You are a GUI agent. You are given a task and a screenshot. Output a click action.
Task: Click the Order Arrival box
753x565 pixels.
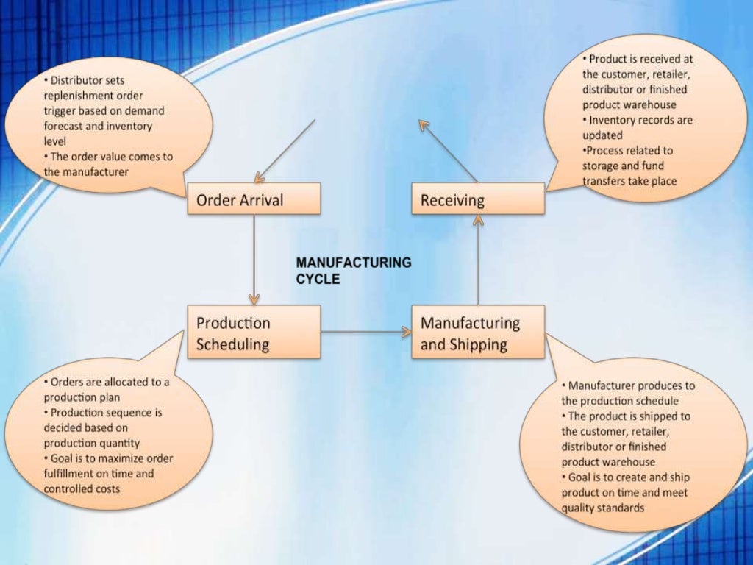coord(254,199)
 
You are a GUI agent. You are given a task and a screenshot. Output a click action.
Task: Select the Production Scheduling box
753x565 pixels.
coord(254,333)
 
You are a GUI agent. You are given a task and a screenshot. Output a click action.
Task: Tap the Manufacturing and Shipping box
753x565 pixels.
coord(478,333)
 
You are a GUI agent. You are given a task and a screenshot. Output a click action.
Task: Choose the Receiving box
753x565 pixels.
coord(478,199)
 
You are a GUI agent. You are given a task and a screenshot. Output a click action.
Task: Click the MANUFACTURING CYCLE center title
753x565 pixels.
coord(353,271)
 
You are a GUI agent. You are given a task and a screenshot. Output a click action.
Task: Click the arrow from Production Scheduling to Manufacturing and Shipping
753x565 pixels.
coord(365,333)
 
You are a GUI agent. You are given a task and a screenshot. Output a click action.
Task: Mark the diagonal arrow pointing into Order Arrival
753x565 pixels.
coord(285,151)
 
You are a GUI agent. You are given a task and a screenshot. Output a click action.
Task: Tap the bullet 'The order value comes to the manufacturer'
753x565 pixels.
coord(107,164)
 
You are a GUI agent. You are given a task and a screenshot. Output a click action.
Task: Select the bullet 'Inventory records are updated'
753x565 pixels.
coord(637,127)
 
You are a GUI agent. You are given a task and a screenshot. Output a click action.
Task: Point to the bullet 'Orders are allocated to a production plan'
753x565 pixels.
coord(106,389)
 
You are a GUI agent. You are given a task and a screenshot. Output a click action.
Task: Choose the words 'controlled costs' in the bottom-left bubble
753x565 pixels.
coord(82,488)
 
